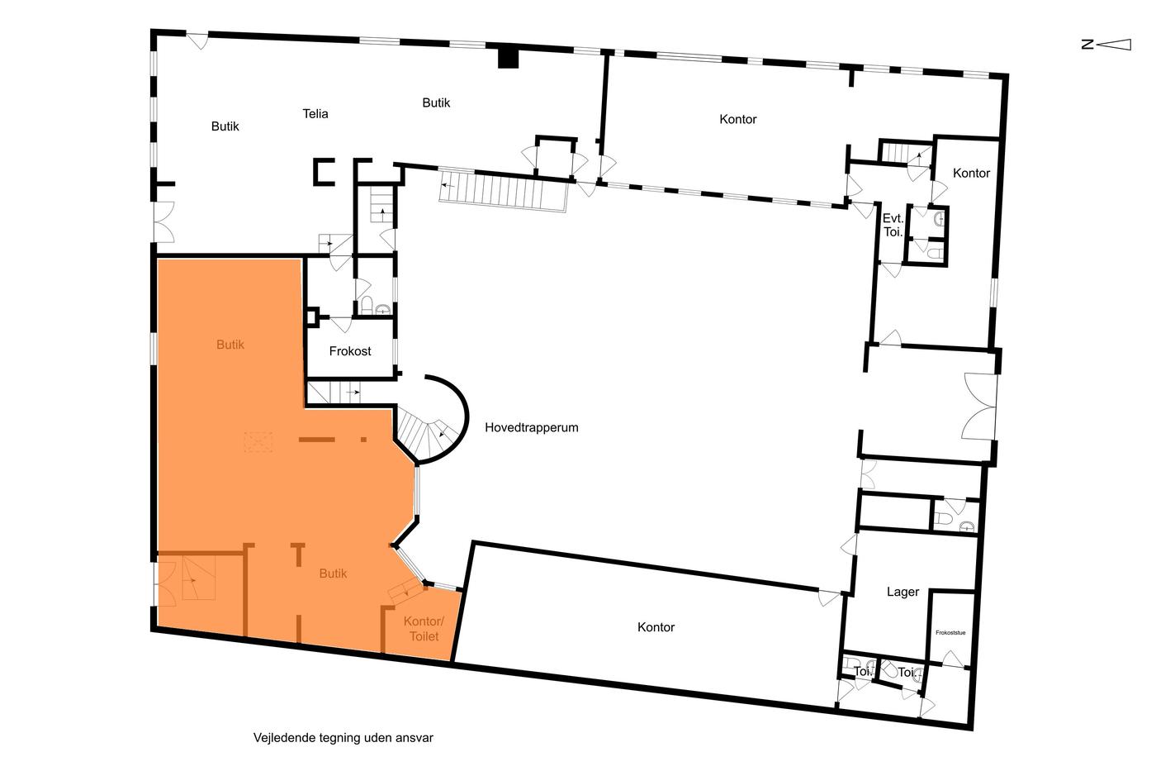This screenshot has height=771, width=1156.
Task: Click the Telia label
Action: [315, 113]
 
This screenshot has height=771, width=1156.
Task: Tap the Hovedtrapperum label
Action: [532, 427]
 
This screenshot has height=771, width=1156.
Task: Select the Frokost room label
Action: [350, 351]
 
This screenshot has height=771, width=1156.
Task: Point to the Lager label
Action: [903, 592]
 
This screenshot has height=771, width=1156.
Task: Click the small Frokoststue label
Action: [950, 633]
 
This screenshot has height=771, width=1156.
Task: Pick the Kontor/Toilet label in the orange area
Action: [424, 629]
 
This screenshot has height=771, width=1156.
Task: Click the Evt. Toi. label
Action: [893, 225]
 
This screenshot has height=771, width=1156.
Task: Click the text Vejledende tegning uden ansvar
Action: [343, 738]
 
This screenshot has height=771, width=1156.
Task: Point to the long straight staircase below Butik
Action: [503, 189]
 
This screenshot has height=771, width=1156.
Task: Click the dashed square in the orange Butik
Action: [258, 442]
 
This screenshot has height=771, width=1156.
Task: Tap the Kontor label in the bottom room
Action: [656, 627]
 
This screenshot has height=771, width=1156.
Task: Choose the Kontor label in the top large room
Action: [738, 119]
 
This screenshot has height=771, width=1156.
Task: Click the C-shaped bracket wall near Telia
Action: [324, 171]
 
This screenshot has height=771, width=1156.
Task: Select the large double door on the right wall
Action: [979, 407]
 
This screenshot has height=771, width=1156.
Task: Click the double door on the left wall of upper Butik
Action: [164, 222]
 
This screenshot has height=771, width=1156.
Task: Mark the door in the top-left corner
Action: [197, 40]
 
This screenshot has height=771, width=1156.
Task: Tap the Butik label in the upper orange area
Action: [230, 345]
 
